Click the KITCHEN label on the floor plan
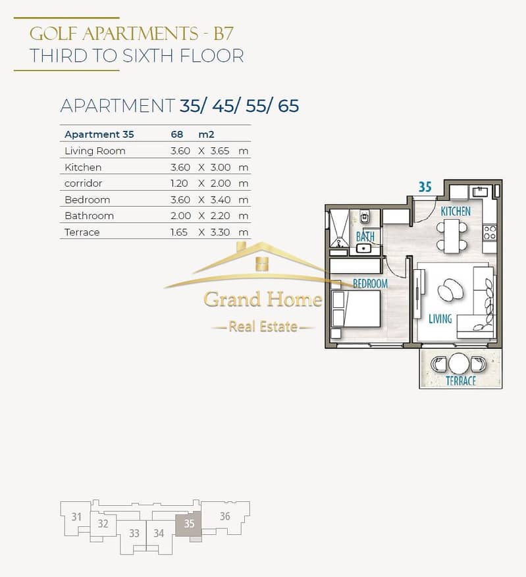456,211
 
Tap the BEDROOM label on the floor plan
370,284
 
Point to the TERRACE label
461,381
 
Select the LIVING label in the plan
440,318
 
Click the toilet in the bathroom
365,216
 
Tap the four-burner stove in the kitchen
490,233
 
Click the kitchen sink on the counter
480,191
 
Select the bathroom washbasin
363,248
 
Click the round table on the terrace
459,364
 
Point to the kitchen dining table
452,236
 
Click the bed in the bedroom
356,309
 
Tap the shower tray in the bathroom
338,228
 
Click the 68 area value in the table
176,134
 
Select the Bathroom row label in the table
89,216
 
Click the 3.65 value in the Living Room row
220,151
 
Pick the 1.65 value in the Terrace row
179,232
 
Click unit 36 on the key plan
225,516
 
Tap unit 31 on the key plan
76,517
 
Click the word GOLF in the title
53,34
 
